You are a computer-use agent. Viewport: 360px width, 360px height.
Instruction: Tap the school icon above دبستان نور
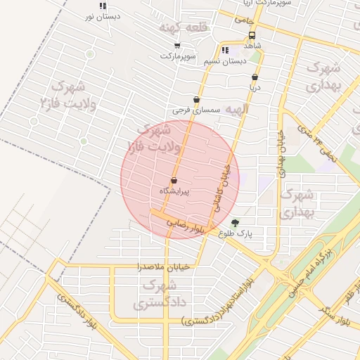pos(103,5)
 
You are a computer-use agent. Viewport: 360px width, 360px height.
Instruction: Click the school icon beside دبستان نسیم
pos(225,50)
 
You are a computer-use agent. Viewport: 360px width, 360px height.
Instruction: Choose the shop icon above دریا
pos(255,77)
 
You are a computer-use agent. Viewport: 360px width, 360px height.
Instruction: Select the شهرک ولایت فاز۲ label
pos(68,94)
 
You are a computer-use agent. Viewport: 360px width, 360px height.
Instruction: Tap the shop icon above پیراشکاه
pos(174,181)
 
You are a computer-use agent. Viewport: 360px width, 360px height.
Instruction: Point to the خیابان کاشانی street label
pos(222,186)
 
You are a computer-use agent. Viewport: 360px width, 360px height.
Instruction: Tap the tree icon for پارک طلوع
pos(245,222)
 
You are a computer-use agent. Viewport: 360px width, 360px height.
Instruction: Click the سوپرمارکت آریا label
pos(260,4)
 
